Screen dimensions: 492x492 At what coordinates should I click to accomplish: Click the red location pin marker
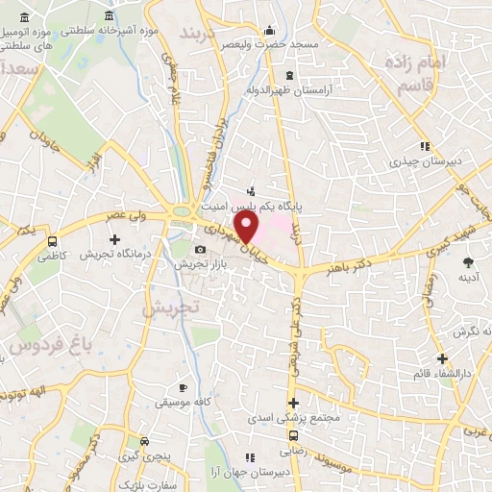pyautogui.click(x=247, y=227)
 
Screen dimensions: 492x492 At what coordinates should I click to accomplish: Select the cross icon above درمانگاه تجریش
pyautogui.click(x=114, y=238)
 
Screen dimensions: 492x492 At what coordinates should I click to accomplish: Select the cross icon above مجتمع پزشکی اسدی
pyautogui.click(x=294, y=403)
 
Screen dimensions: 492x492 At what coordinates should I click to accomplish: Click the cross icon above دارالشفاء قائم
pyautogui.click(x=442, y=358)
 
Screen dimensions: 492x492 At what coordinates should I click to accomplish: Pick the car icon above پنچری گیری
pyautogui.click(x=144, y=440)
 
